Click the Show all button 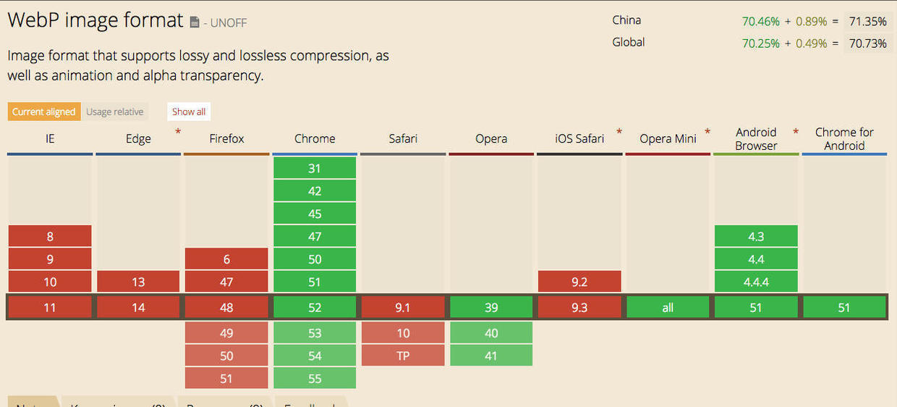click(189, 112)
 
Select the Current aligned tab click(44, 112)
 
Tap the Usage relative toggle click(114, 112)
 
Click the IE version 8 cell click(50, 236)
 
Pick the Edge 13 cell click(138, 282)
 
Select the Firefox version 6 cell click(226, 259)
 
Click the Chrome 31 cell click(315, 168)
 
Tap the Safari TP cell click(403, 356)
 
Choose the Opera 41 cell click(491, 356)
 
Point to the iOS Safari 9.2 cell click(579, 282)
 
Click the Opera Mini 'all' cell click(668, 308)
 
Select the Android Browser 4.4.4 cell click(756, 282)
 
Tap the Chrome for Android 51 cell click(844, 308)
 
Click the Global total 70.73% click(867, 43)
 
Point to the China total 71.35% click(867, 21)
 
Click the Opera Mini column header click(668, 139)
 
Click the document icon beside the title click(195, 23)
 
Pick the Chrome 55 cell click(315, 378)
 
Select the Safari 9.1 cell click(403, 308)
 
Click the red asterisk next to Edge click(178, 132)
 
